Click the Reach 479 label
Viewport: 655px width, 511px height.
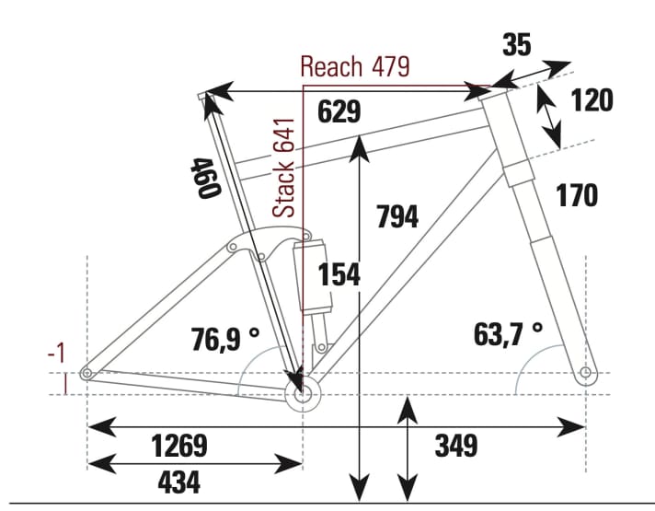(x=355, y=67)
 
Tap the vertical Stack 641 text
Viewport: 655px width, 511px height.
(x=285, y=167)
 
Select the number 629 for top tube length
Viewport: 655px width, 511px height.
(x=339, y=111)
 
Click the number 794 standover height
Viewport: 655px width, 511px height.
(x=397, y=216)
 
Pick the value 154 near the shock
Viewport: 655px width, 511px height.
(x=339, y=274)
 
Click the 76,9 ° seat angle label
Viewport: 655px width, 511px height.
(x=224, y=339)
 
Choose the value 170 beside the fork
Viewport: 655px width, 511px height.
(x=577, y=195)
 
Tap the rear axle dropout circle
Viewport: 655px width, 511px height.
(x=86, y=373)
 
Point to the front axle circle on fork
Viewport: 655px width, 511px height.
(x=586, y=373)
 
